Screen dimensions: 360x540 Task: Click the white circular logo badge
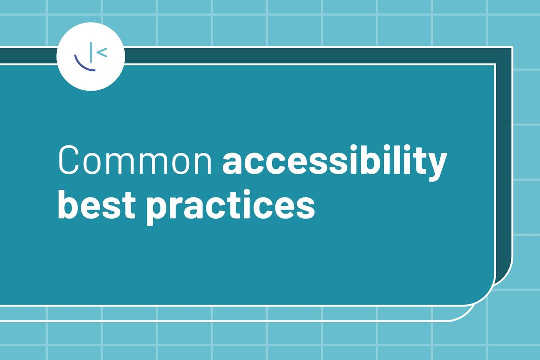[x=91, y=57]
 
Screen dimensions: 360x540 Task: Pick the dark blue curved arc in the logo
[x=83, y=65]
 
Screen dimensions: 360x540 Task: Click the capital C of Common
[x=70, y=160]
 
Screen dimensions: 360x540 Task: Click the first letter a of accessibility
[x=233, y=163]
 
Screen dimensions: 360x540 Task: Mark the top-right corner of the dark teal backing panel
[x=511, y=48]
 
